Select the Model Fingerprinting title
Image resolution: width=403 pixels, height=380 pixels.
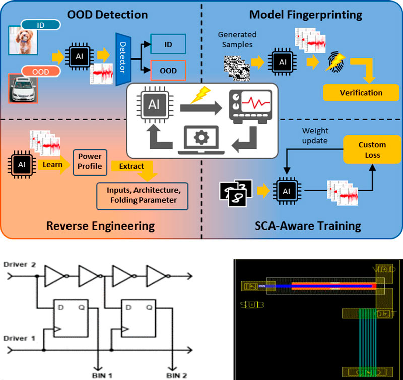pos(306,14)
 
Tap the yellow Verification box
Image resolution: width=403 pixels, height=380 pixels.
pos(361,93)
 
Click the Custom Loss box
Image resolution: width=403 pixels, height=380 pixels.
pos(372,149)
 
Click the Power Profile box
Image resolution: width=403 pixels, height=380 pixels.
pos(90,161)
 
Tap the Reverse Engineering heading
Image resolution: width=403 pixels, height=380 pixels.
pos(100,225)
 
